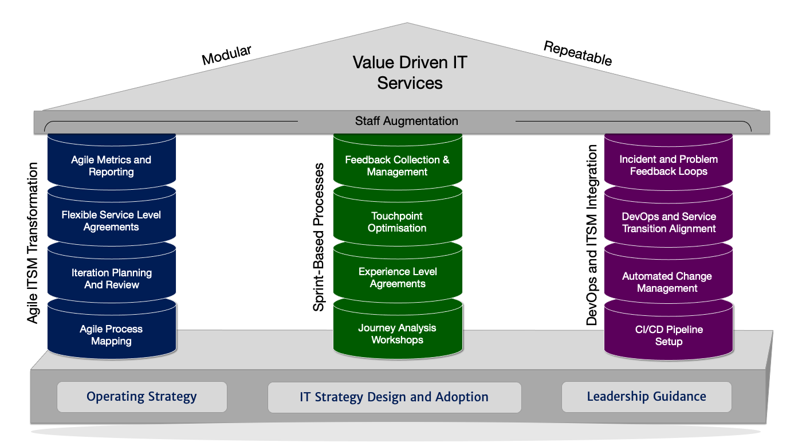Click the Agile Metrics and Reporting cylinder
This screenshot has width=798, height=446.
click(111, 166)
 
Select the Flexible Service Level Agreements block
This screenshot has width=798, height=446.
click(111, 221)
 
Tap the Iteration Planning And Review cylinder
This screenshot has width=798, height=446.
click(111, 279)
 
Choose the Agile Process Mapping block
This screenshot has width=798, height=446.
click(111, 335)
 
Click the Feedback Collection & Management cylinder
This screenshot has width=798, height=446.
click(397, 166)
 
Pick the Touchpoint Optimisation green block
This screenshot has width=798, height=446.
click(397, 222)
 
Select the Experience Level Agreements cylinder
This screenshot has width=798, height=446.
click(397, 277)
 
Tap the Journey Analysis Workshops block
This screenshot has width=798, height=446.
click(397, 334)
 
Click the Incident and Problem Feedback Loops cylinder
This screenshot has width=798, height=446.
click(669, 165)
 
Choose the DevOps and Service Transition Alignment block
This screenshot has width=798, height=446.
click(669, 222)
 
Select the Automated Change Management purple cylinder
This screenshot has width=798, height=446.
click(669, 282)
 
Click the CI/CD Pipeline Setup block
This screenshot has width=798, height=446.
click(669, 335)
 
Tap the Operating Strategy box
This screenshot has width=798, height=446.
click(141, 397)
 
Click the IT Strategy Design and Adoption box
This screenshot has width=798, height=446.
click(394, 397)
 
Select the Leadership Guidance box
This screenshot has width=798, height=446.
click(646, 397)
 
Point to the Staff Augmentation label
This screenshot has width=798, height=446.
click(406, 121)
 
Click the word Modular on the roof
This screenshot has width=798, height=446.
click(226, 55)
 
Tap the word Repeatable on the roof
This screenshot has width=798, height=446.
click(577, 53)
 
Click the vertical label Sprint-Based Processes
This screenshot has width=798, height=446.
click(319, 237)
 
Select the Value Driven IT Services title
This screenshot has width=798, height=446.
click(410, 72)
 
